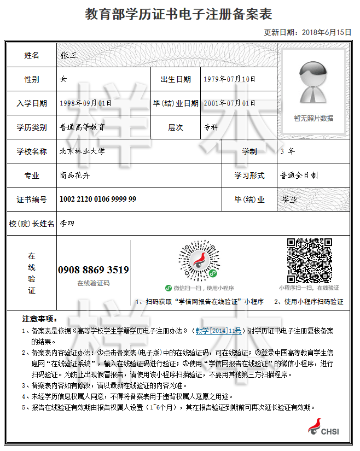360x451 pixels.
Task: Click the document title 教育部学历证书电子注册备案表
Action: [x=178, y=14]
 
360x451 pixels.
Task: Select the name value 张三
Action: [x=70, y=55]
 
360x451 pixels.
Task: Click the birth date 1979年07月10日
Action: [x=229, y=79]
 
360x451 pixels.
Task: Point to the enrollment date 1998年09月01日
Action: [x=85, y=103]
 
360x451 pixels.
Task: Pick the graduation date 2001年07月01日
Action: [x=229, y=103]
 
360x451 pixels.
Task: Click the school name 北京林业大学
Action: [x=82, y=151]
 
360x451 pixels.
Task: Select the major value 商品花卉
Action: [x=74, y=175]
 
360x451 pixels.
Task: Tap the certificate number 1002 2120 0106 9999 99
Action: [x=98, y=200]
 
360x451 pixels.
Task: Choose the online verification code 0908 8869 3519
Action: [x=94, y=270]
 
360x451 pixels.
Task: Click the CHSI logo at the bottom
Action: [x=323, y=427]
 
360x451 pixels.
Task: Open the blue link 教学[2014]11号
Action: [x=218, y=331]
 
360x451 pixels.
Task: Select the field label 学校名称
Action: [x=32, y=151]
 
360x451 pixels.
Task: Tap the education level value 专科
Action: [x=211, y=127]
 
